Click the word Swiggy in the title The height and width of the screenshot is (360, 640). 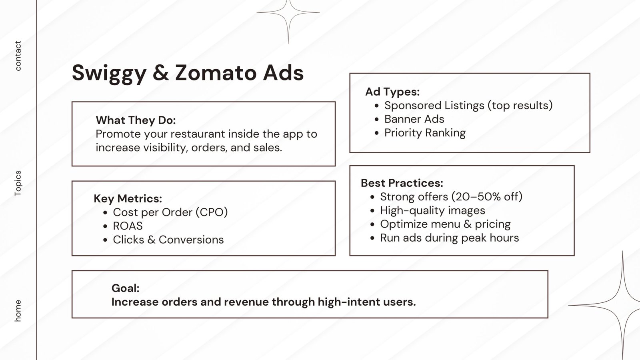(109, 73)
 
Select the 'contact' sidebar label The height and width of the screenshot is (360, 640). (18, 56)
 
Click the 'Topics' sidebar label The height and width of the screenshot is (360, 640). (18, 183)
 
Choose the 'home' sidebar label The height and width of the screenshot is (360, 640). (18, 310)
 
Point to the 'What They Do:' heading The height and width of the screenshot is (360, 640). (136, 120)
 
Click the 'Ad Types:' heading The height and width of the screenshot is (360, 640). (392, 92)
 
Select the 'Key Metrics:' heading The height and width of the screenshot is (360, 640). (128, 198)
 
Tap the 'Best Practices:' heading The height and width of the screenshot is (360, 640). (402, 183)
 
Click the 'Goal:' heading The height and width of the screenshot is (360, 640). (126, 288)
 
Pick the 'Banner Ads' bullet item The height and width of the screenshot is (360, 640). (414, 119)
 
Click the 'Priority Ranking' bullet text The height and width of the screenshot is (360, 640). (425, 133)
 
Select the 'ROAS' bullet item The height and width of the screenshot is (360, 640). (128, 226)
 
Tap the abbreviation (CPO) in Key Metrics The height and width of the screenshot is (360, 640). (212, 212)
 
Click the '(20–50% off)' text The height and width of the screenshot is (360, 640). (487, 196)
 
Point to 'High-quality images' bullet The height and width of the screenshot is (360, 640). (432, 210)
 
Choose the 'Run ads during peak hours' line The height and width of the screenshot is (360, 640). (450, 238)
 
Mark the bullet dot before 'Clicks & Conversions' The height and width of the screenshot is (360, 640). (105, 240)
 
